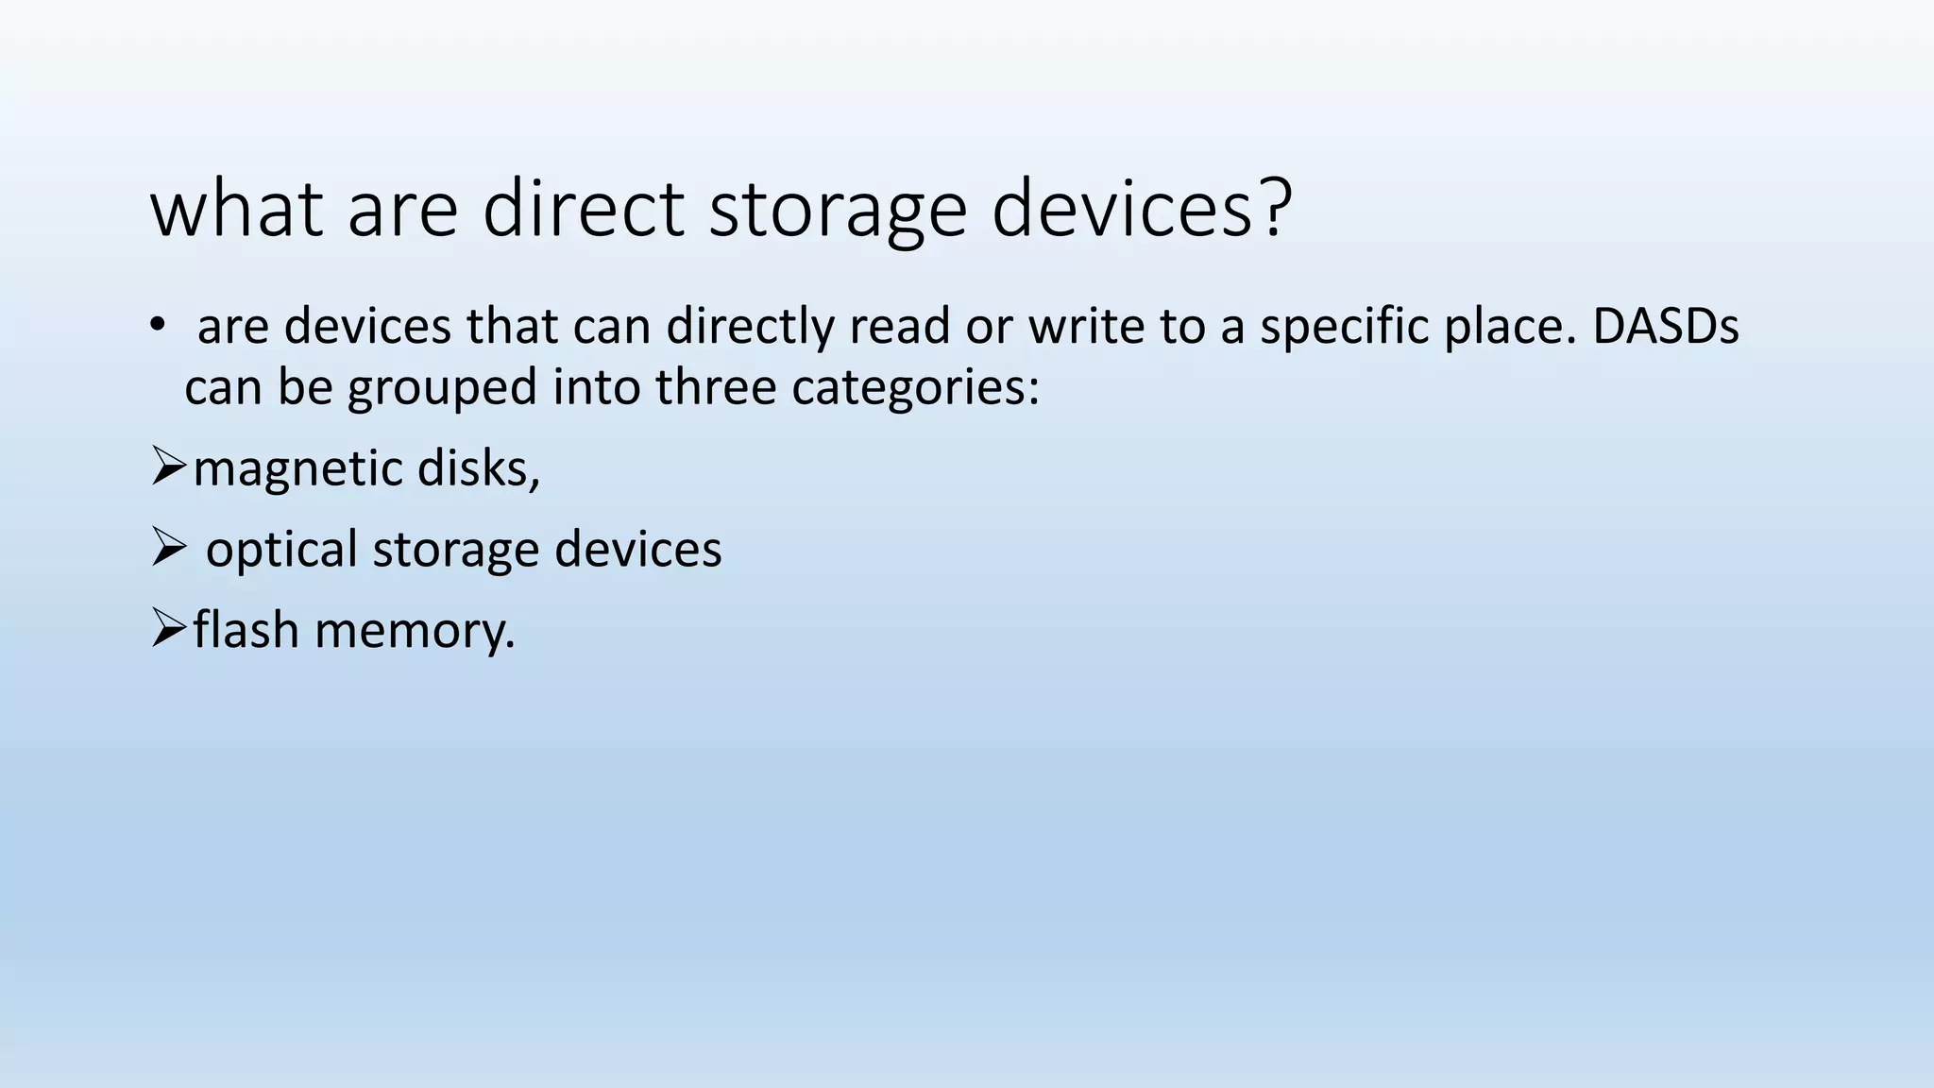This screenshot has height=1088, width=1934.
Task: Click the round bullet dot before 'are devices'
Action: pos(157,326)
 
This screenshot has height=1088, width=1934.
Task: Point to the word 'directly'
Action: pos(749,327)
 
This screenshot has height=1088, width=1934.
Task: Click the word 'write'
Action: pos(1083,327)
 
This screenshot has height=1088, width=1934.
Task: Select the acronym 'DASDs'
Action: pos(1665,327)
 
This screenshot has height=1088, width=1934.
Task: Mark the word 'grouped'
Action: pos(442,388)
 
